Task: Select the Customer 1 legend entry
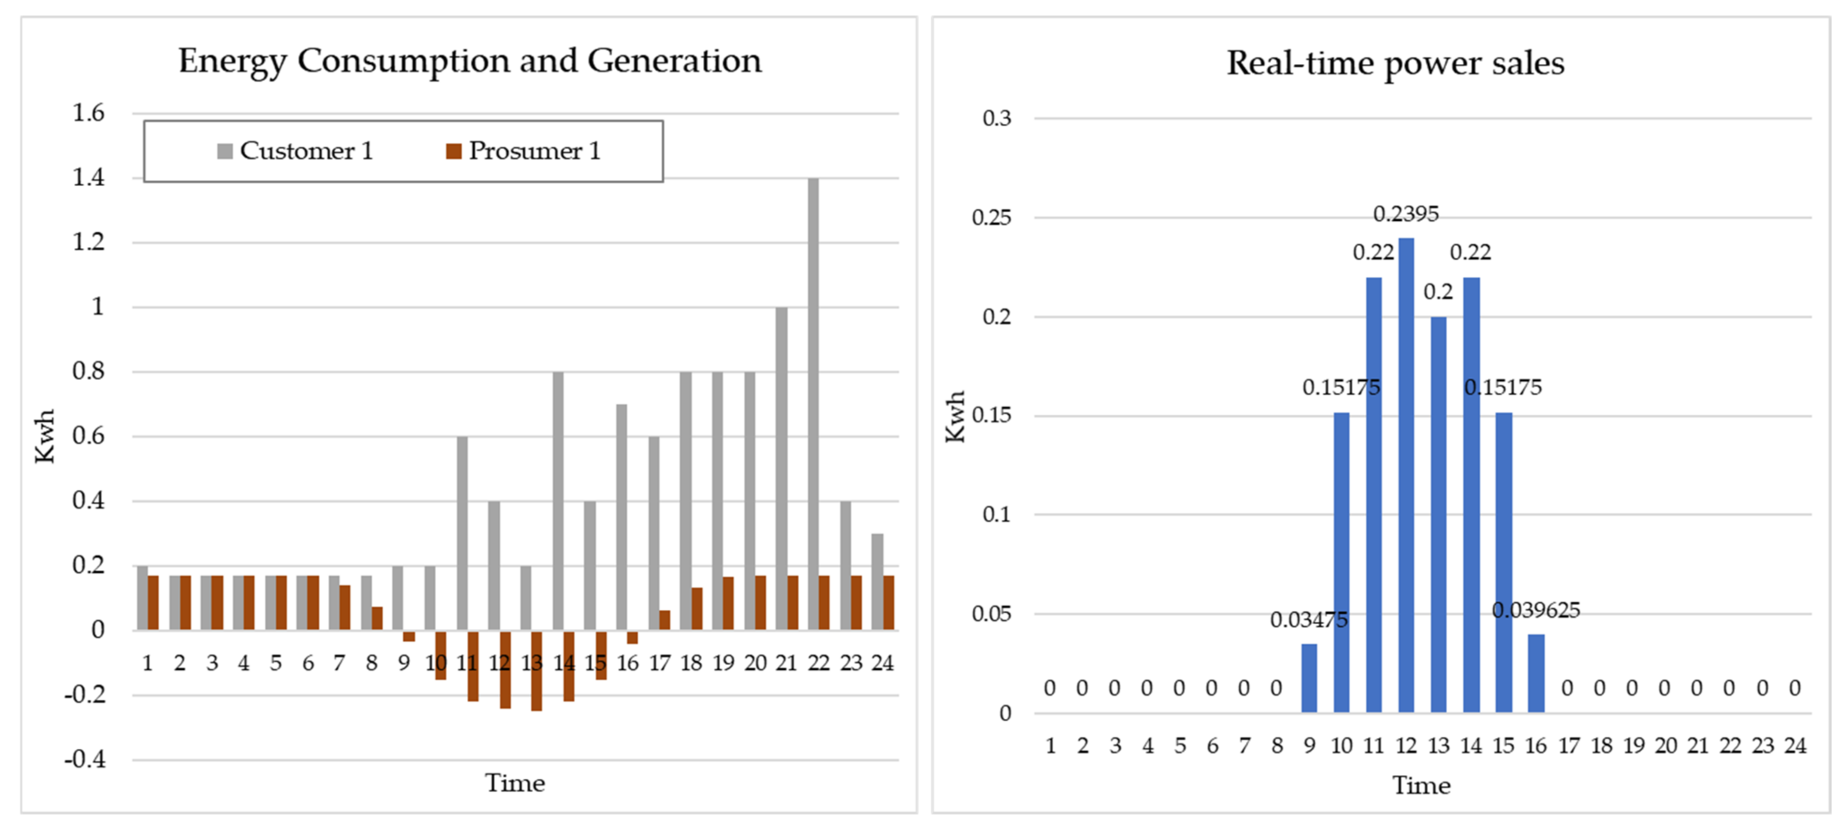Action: (x=295, y=151)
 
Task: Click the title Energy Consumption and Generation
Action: (x=470, y=60)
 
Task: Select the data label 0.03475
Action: (x=1308, y=619)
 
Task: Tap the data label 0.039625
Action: (x=1535, y=610)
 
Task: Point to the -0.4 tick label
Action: (x=85, y=759)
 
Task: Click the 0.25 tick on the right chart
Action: (x=992, y=217)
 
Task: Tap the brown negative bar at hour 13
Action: (x=536, y=671)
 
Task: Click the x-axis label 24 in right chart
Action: (x=1795, y=746)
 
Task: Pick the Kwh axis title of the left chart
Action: (x=44, y=436)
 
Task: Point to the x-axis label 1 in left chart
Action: (x=147, y=663)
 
